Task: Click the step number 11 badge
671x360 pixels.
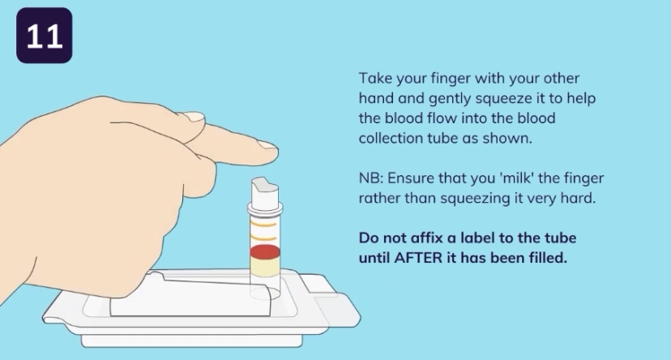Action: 44,36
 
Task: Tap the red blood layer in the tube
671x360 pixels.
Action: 265,252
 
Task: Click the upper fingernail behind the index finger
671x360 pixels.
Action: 194,116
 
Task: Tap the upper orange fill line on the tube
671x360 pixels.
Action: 263,224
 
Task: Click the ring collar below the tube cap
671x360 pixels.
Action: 265,209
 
